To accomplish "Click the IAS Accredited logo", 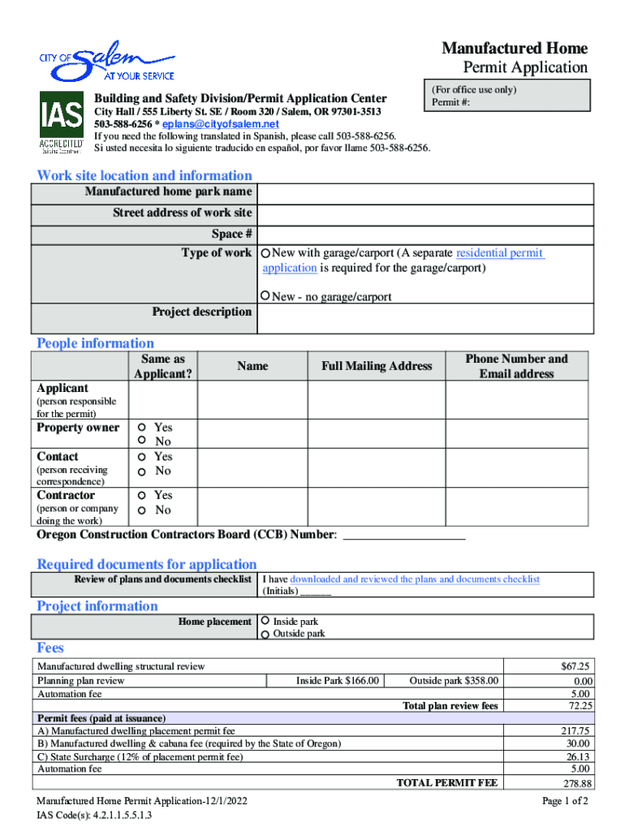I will click(62, 122).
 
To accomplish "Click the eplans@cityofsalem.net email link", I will click(220, 124).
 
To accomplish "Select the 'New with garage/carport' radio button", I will click(266, 254).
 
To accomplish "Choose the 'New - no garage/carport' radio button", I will click(266, 296).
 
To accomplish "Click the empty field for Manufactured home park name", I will click(425, 193).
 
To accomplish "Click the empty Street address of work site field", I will click(425, 213).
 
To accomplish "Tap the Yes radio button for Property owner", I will click(141, 427).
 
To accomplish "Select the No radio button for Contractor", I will click(141, 510).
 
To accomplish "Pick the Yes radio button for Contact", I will click(141, 457).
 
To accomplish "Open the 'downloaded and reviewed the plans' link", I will click(414, 579).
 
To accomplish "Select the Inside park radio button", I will click(265, 621).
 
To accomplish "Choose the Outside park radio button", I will click(265, 634).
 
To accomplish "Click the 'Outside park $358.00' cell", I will click(455, 681).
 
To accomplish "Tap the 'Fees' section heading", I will click(50, 648).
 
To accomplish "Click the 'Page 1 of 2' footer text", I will click(565, 801).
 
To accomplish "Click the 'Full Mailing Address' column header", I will click(377, 366).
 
